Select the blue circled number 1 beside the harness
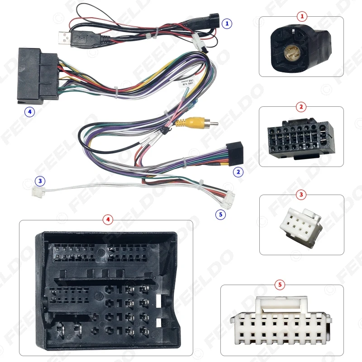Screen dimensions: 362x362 227,22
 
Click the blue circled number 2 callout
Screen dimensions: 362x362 238,172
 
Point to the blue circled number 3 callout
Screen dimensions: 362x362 40,181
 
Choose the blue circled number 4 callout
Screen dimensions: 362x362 29,111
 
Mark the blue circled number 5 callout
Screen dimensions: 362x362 221,214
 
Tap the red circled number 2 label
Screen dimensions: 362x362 302,107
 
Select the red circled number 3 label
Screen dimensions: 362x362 302,195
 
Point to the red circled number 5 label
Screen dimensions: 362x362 281,285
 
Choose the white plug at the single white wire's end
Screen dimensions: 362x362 36,192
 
